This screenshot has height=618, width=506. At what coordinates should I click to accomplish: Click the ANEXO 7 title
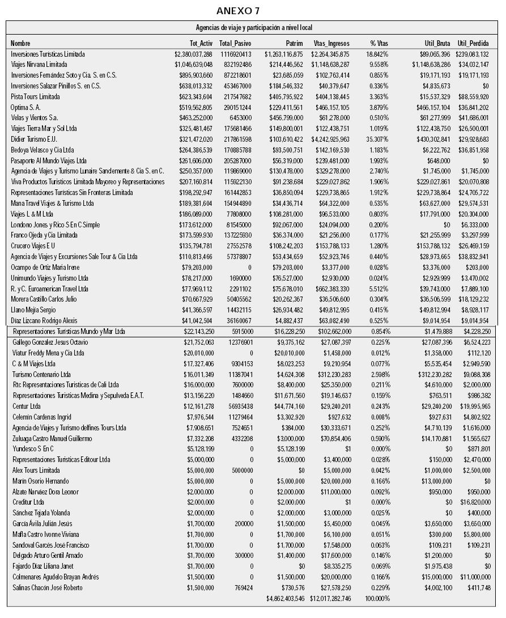pyautogui.click(x=238, y=11)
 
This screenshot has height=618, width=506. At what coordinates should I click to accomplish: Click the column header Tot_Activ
pyautogui.click(x=201, y=43)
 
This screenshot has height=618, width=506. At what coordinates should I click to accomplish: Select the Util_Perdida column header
pyautogui.click(x=473, y=43)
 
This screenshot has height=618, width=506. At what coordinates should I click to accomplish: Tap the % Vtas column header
pyautogui.click(x=379, y=43)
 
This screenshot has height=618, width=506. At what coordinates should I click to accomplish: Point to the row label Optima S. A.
pyautogui.click(x=26, y=107)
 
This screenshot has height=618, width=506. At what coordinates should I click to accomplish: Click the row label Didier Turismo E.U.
pyautogui.click(x=34, y=139)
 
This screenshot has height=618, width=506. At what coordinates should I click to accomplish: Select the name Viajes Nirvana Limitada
pyautogui.click(x=39, y=65)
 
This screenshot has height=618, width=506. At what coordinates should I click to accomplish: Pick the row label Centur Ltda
pyautogui.click(x=27, y=407)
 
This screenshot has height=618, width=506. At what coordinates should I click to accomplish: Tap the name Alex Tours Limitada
pyautogui.click(x=36, y=471)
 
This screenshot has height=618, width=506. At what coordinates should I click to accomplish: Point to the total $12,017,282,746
pyautogui.click(x=330, y=599)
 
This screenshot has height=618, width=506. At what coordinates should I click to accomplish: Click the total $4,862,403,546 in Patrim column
pyautogui.click(x=284, y=599)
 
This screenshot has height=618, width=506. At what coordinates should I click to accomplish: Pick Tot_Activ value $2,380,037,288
pyautogui.click(x=193, y=54)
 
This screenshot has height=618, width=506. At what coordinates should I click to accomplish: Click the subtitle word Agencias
pyautogui.click(x=209, y=27)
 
